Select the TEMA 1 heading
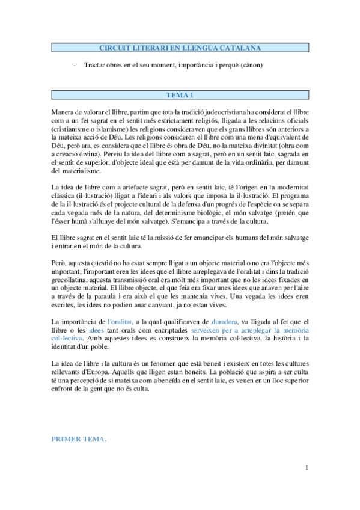180,94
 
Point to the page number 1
307,468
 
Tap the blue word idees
96,330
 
